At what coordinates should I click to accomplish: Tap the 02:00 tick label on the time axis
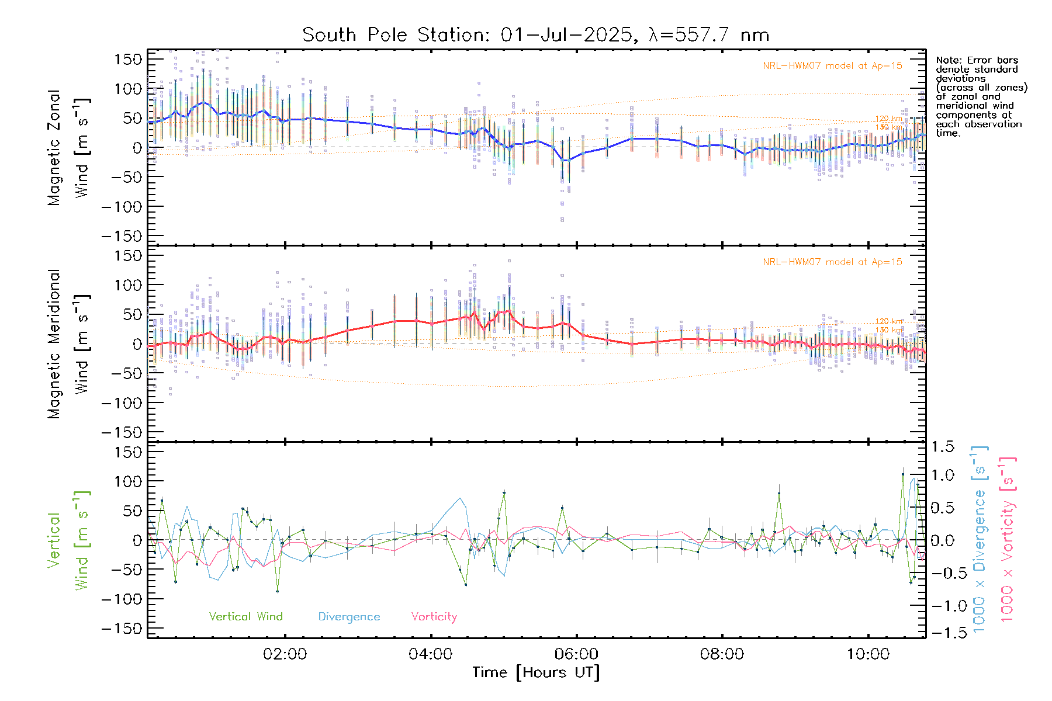[x=285, y=654]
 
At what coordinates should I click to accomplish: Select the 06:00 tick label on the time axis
[x=577, y=654]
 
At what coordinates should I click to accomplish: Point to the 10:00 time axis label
[x=868, y=654]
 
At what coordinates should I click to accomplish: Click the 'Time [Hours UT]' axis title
[x=536, y=672]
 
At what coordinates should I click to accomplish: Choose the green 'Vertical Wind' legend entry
[x=245, y=616]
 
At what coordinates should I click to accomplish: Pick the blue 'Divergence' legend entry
[x=349, y=616]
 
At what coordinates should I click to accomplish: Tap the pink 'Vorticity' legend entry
[x=434, y=616]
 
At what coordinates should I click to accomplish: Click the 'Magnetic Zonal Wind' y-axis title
[x=68, y=147]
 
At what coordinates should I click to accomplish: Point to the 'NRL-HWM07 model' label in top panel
[x=832, y=65]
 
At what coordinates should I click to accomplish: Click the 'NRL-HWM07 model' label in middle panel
[x=832, y=262]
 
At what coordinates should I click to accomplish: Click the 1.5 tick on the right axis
[x=942, y=447]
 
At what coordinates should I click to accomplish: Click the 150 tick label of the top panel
[x=128, y=59]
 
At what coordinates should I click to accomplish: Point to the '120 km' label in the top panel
[x=888, y=119]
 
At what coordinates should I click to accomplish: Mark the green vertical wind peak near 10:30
[x=903, y=474]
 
